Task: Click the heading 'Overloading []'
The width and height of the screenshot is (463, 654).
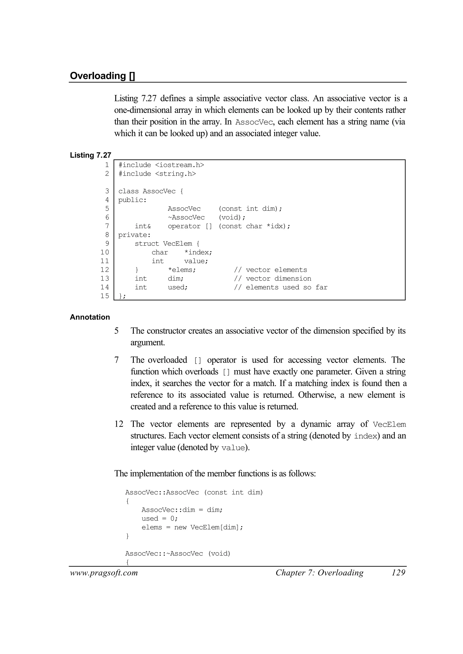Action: click(102, 76)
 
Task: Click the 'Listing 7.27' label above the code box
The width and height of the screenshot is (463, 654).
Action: click(90, 155)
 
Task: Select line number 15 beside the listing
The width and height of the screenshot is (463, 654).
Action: click(105, 296)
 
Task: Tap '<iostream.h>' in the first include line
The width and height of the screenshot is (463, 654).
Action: click(179, 165)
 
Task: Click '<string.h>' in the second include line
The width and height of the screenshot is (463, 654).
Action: click(175, 174)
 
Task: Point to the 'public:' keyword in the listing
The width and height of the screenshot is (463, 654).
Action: click(132, 200)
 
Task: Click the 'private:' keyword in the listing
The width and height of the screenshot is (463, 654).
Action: click(134, 235)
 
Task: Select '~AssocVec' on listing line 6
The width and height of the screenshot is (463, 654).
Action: click(186, 217)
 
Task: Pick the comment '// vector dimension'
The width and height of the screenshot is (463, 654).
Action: click(273, 279)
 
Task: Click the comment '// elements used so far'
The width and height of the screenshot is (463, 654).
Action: click(281, 287)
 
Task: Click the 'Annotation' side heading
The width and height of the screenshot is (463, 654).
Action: click(90, 317)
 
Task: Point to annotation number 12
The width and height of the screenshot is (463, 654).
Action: click(119, 424)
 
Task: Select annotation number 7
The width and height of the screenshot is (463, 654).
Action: click(116, 360)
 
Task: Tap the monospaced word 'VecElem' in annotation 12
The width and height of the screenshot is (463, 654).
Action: click(389, 425)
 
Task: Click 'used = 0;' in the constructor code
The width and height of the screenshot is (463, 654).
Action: click(160, 519)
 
